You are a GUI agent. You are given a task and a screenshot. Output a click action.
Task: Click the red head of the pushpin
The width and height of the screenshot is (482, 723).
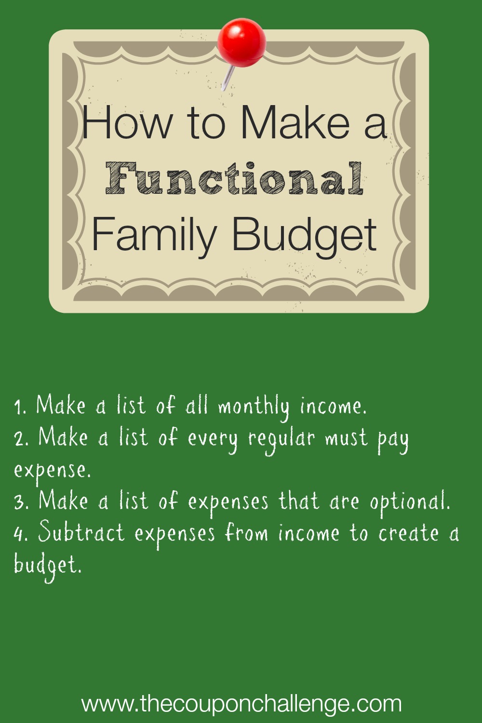click(242, 42)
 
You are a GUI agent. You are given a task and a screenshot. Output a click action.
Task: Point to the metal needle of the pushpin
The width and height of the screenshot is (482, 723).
click(228, 78)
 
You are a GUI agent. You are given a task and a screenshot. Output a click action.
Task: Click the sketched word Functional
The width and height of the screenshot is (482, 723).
click(235, 178)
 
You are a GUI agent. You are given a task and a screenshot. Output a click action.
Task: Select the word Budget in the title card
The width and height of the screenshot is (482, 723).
click(305, 234)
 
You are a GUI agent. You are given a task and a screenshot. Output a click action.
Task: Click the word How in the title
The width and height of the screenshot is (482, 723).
click(127, 122)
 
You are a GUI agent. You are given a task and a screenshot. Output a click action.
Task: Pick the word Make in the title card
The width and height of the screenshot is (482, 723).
click(295, 122)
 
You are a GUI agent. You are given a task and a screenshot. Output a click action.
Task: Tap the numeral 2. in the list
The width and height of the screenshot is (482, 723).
click(22, 439)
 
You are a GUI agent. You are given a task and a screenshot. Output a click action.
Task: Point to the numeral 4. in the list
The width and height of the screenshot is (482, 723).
click(22, 534)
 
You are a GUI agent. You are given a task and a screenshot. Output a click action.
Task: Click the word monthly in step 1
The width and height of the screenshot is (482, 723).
click(254, 408)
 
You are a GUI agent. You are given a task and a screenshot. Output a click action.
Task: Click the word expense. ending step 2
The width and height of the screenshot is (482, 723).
click(53, 471)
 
